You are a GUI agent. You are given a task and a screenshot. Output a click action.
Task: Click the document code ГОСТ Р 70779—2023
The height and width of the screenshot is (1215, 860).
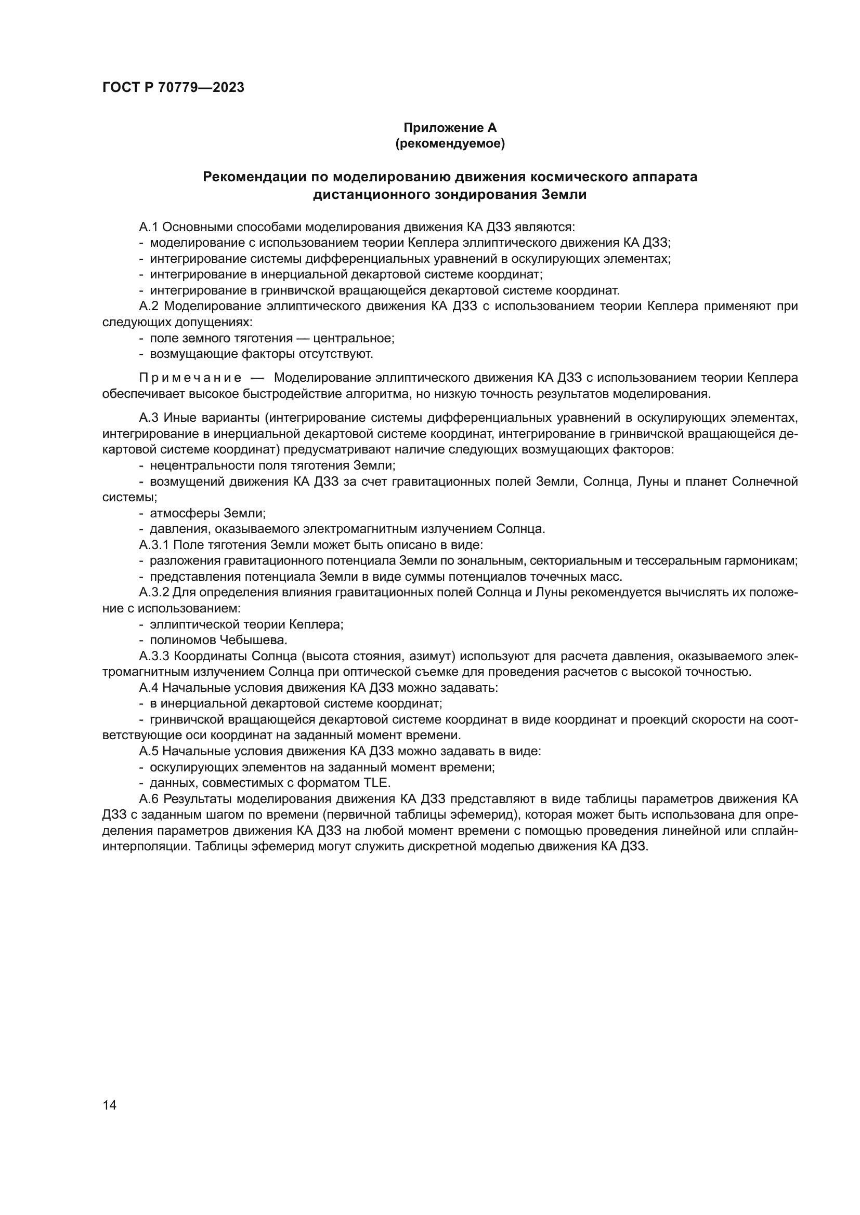point(173,88)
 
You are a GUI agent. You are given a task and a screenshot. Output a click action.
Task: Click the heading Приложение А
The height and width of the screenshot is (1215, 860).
point(450,128)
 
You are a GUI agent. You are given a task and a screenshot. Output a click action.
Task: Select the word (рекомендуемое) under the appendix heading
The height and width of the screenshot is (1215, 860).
point(450,143)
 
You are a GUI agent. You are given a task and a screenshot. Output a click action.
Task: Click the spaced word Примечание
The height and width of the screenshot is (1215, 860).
point(190,378)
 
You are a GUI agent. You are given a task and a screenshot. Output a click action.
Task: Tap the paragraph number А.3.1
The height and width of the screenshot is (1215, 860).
point(154,545)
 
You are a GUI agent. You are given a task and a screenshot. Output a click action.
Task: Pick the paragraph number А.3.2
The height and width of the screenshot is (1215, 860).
point(154,593)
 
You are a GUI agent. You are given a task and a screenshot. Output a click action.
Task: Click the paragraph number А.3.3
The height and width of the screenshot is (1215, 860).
point(154,656)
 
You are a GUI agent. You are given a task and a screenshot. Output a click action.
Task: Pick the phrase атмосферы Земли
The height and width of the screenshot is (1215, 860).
point(207,513)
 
